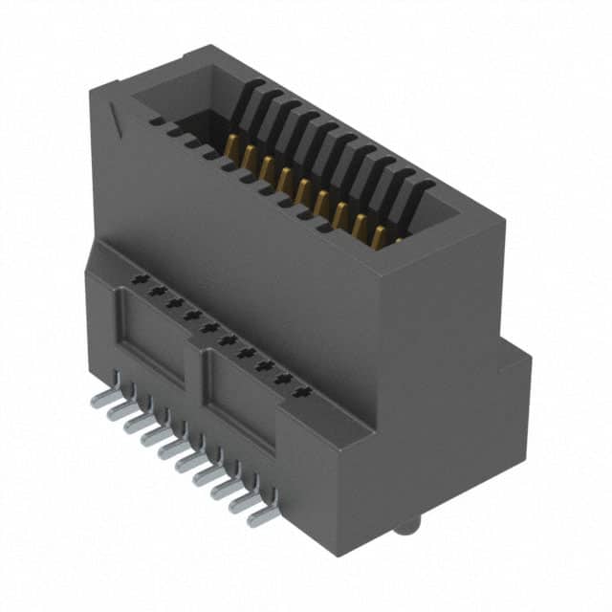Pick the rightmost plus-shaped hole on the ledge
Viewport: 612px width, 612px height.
click(304, 392)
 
